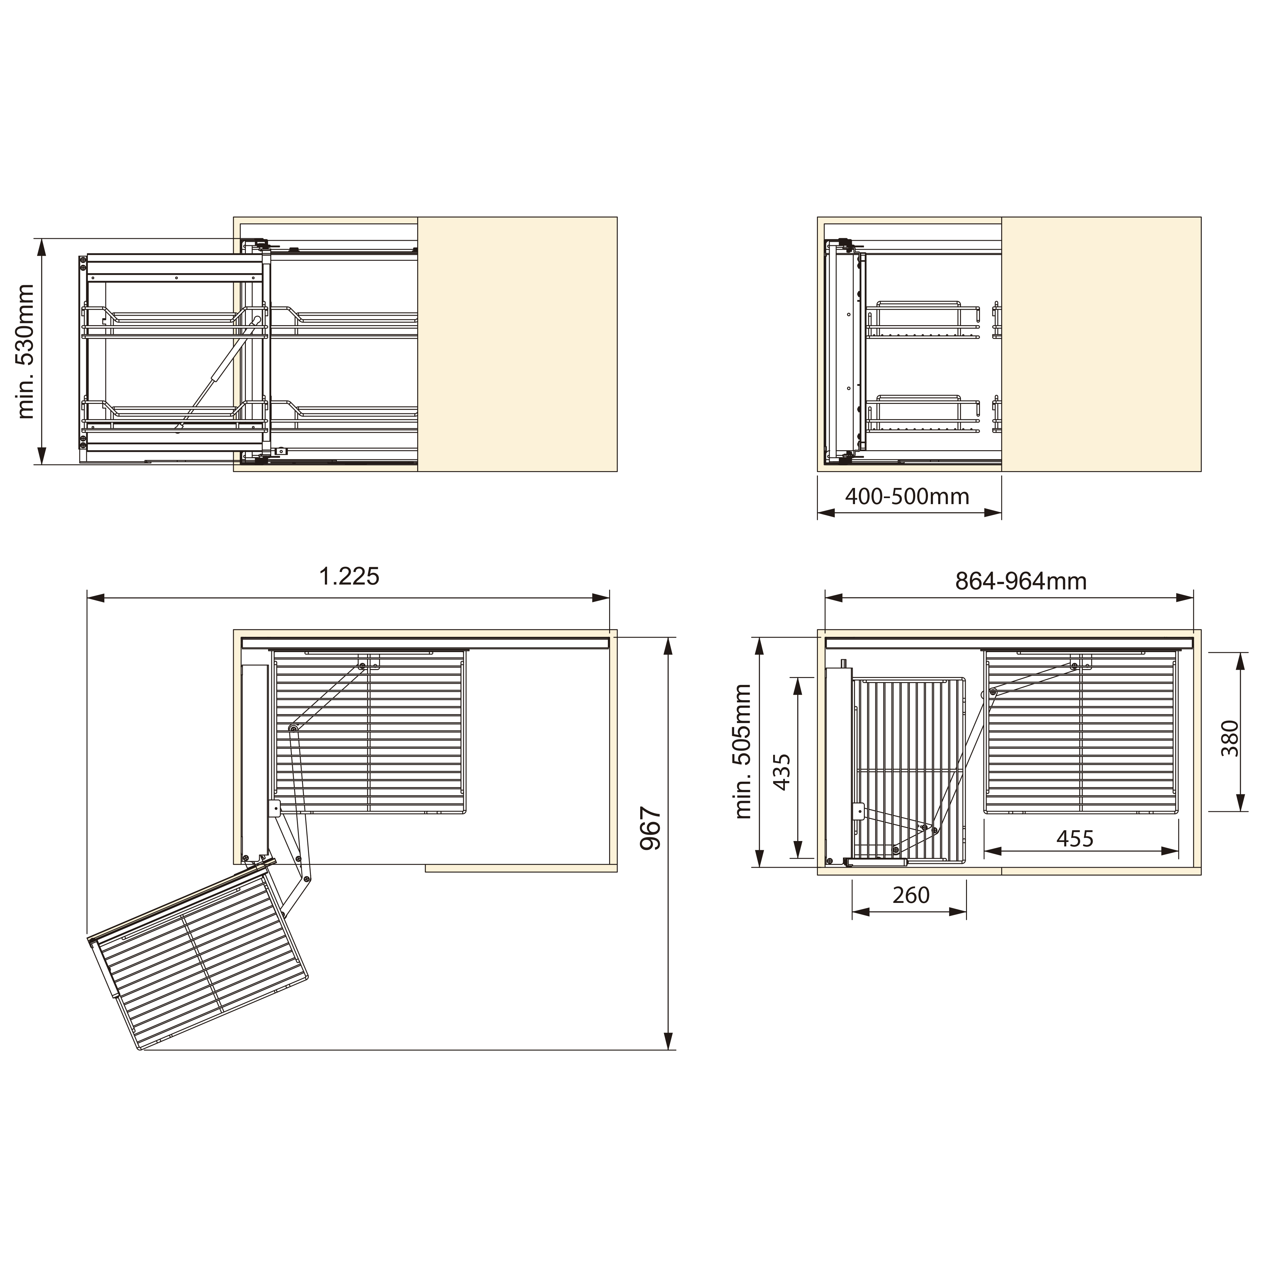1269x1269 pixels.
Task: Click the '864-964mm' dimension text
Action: [x=1021, y=581]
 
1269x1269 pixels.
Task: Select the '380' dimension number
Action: [x=1230, y=738]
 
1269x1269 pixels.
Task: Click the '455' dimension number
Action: [x=1075, y=839]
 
